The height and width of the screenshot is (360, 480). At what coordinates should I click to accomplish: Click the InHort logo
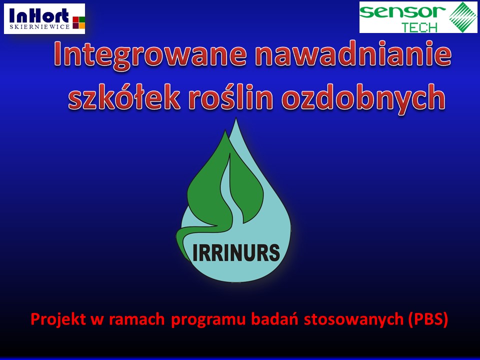44,18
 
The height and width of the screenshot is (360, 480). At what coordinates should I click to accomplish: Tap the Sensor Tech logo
418,17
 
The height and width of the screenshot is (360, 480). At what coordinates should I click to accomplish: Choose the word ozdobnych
363,97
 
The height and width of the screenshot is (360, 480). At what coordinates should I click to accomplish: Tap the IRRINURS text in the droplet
236,252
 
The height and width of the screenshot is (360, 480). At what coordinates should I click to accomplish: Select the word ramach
137,319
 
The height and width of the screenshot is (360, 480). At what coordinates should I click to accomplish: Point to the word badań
274,318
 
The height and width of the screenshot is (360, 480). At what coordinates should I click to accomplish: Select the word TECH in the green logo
419,27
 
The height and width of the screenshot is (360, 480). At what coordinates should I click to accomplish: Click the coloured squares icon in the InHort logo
78,22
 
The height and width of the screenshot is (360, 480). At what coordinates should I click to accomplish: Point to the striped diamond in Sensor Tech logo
462,17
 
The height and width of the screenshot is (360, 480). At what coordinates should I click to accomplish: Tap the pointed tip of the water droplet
235,119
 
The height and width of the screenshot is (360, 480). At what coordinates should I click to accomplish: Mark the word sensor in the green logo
402,12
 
